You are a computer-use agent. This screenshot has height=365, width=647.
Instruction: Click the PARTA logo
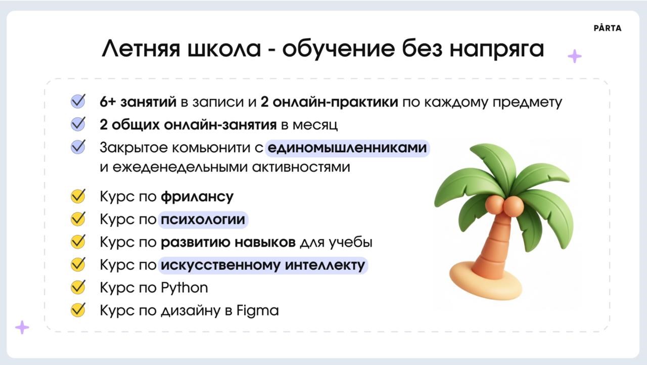click(x=608, y=28)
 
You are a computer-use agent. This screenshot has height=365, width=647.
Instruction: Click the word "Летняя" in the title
click(x=141, y=49)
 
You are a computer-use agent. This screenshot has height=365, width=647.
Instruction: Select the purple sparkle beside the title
click(x=575, y=56)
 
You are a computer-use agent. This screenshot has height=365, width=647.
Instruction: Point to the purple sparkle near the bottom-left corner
click(x=22, y=328)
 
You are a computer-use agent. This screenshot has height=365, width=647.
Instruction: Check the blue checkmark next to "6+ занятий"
click(x=78, y=101)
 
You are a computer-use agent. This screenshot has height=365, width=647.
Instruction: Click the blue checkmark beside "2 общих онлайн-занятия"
click(x=78, y=124)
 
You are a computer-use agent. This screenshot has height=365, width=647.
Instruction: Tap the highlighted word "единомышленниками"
click(x=347, y=148)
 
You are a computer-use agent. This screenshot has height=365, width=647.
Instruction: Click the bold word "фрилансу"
click(x=197, y=197)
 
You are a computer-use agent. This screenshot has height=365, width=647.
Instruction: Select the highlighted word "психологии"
click(x=203, y=219)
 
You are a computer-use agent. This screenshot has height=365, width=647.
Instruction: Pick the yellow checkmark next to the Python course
click(x=78, y=287)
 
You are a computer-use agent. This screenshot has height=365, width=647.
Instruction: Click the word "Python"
click(x=184, y=288)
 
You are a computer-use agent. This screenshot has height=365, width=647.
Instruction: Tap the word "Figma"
click(x=258, y=311)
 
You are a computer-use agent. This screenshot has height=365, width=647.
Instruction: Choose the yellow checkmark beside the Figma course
click(x=78, y=309)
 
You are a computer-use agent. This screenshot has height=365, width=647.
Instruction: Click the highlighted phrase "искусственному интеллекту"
click(x=263, y=265)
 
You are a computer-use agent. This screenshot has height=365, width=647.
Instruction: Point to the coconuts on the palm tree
click(x=504, y=206)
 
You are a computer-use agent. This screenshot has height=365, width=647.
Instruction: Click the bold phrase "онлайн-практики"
click(x=335, y=102)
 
